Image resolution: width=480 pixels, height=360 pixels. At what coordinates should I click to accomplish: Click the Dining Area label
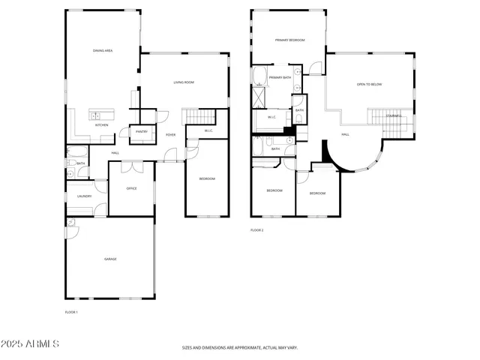click(103, 50)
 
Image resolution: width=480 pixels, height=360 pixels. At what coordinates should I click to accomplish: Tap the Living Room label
click(184, 82)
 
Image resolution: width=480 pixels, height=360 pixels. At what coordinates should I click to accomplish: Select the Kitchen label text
click(101, 125)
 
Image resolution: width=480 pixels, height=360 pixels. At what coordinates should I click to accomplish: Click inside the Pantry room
click(141, 132)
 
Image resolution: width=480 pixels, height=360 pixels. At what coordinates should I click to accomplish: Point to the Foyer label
click(171, 135)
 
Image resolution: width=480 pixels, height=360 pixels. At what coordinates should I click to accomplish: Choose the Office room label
click(130, 188)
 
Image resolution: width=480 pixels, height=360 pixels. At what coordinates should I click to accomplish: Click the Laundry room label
click(84, 196)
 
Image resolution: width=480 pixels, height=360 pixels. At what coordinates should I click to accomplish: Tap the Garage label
click(110, 259)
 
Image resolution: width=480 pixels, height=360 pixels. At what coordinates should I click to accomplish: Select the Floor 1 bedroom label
click(207, 178)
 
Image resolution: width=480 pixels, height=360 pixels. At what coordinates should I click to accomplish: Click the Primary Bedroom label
click(289, 40)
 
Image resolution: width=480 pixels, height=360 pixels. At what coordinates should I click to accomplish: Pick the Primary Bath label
click(280, 77)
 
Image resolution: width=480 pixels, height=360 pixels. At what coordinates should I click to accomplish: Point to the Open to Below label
click(369, 84)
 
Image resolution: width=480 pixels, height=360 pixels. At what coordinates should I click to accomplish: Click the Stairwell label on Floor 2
click(394, 115)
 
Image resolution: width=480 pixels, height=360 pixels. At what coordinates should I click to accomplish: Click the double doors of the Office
click(131, 163)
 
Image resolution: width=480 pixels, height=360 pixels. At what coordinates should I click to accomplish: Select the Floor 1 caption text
click(71, 311)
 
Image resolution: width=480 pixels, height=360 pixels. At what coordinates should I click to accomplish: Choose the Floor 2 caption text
click(257, 230)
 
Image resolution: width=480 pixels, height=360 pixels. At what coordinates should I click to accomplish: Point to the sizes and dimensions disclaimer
click(240, 348)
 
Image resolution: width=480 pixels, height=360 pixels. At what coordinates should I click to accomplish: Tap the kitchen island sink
click(96, 115)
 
